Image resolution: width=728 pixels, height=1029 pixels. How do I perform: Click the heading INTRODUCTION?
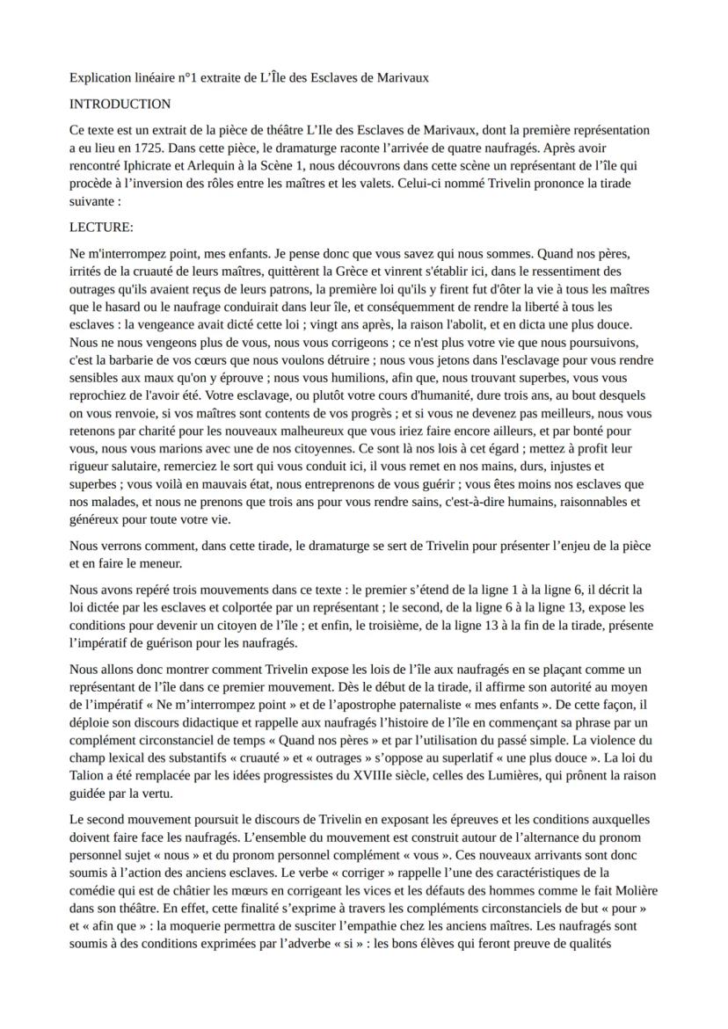120,104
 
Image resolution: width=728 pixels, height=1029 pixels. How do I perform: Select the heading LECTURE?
101,227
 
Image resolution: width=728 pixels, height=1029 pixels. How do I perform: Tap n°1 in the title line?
183,77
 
